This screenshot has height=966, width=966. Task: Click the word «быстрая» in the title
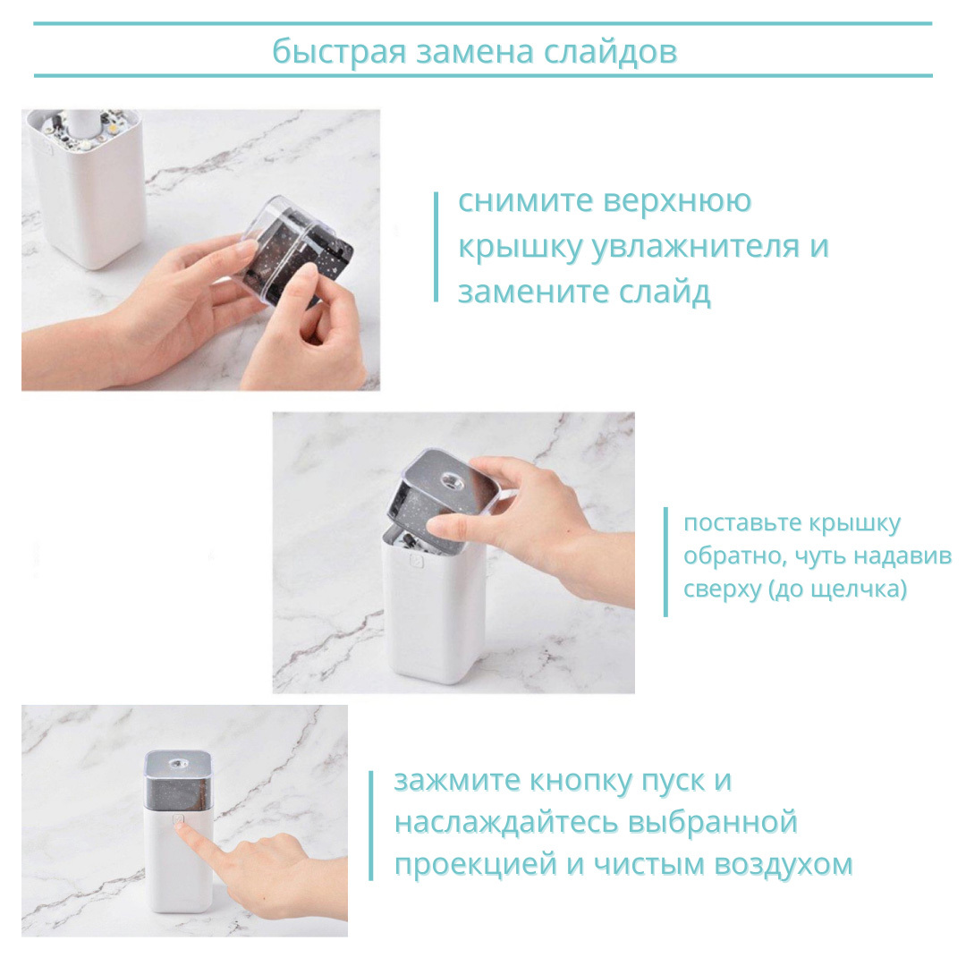[x=339, y=52]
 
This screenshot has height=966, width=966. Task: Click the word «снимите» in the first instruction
[x=526, y=201]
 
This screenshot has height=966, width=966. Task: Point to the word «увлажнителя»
[x=696, y=247]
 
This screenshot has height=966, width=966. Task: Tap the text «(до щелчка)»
[x=837, y=589]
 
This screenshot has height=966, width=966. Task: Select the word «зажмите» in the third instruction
[x=457, y=781]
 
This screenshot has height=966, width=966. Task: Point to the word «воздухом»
[x=783, y=865]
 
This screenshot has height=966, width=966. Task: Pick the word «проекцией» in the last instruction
[x=476, y=865]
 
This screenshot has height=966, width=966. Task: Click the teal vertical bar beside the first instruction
[x=436, y=247]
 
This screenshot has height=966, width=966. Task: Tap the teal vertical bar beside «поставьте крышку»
[x=665, y=562]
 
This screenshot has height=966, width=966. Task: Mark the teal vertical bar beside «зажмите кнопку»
[x=371, y=826]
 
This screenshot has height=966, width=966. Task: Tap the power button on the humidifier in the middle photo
[x=416, y=561]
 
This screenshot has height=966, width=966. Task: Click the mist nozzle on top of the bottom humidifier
[x=179, y=764]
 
